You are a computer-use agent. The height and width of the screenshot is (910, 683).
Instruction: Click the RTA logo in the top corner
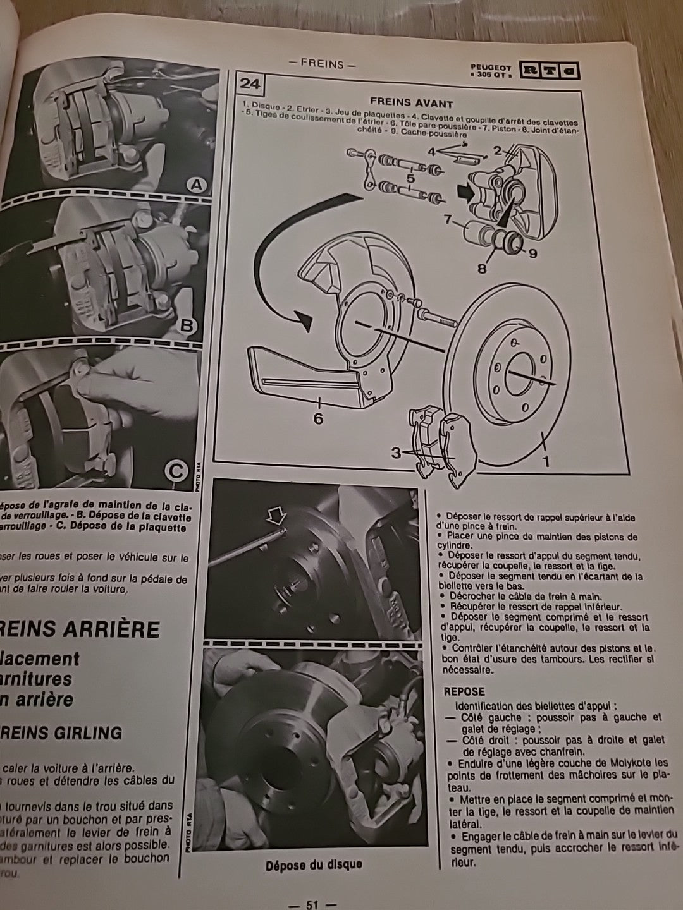coord(548,70)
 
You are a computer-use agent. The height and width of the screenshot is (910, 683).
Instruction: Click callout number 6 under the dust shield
coord(318,418)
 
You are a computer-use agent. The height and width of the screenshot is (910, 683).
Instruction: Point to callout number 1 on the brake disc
coord(546,461)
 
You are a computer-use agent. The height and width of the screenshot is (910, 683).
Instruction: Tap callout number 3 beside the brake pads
coord(395,452)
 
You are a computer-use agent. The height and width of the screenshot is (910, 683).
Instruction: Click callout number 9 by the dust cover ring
coord(532,254)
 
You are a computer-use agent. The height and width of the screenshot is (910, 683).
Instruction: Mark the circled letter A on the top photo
coord(197,185)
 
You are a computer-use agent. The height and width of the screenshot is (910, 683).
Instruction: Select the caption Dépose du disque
coord(314,864)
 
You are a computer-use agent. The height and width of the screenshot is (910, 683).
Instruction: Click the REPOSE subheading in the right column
coord(464,691)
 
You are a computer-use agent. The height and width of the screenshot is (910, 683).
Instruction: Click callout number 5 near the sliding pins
coord(410,178)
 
